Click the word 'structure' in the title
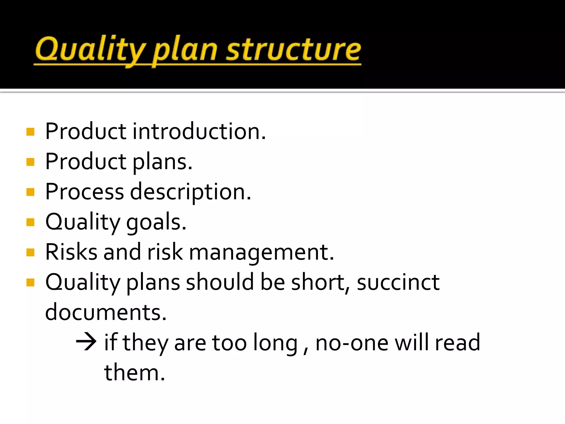pyautogui.click(x=294, y=50)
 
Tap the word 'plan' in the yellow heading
pyautogui.click(x=185, y=51)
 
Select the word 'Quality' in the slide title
pyautogui.click(x=90, y=50)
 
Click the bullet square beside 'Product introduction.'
pyautogui.click(x=30, y=132)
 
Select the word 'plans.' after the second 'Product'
pyautogui.click(x=162, y=162)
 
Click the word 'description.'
pyautogui.click(x=190, y=192)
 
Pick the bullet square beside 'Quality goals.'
pyautogui.click(x=30, y=222)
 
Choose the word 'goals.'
pyautogui.click(x=156, y=222)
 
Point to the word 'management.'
pyautogui.click(x=261, y=253)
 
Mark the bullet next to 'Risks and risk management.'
pyautogui.click(x=30, y=252)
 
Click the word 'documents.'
pyautogui.click(x=106, y=312)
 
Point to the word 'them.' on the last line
pyautogui.click(x=134, y=373)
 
